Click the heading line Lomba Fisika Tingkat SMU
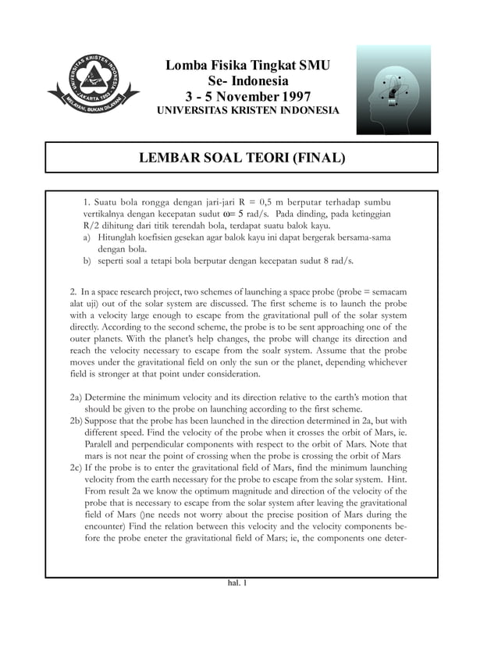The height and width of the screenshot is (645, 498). [247, 65]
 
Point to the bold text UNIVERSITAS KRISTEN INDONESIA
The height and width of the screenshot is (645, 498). [247, 112]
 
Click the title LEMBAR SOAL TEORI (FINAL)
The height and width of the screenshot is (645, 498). [241, 159]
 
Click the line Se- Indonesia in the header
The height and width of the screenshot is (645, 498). [247, 81]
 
